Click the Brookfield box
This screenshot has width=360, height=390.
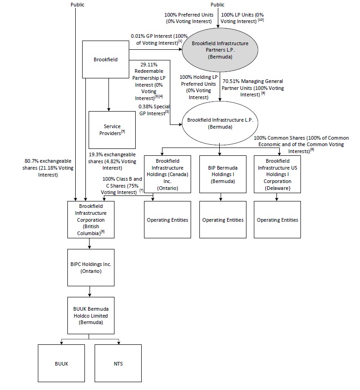105,59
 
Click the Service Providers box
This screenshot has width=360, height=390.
112,129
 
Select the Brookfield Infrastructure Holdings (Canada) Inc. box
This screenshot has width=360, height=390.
168,173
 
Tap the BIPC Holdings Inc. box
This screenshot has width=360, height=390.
90,267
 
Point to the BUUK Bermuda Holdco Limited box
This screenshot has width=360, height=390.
90,315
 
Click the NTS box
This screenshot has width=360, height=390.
118,364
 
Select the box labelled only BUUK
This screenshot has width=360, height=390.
61,364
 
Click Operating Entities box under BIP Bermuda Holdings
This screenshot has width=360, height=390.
223,220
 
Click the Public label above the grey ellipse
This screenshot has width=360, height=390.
217,5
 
